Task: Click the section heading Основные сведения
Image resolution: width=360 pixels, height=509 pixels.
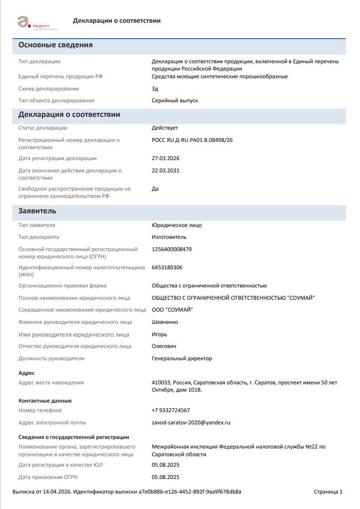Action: [55, 45]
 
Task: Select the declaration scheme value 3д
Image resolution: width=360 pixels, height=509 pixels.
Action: [155, 89]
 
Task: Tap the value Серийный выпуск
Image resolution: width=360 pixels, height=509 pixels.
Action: [175, 101]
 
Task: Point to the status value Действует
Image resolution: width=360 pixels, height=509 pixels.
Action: [165, 128]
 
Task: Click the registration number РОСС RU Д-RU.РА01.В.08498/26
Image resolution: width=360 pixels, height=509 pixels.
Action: [192, 140]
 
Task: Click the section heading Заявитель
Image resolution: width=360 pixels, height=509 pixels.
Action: [37, 212]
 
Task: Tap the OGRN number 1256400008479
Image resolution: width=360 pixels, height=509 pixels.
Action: [172, 249]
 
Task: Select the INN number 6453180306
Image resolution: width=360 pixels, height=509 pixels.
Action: [167, 267]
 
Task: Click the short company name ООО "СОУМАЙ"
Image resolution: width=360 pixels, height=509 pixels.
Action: [173, 310]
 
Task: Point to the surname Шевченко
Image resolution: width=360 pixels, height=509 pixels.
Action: [165, 322]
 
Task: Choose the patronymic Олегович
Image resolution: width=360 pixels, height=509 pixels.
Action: [164, 346]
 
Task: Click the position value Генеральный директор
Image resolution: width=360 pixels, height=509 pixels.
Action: [182, 358]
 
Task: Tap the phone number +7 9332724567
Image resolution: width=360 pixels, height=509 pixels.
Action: [171, 410]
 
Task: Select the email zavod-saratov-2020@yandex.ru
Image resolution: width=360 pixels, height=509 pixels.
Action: [191, 423]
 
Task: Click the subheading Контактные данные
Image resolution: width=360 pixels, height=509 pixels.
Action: [45, 401]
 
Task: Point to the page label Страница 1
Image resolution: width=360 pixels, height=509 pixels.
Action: [328, 492]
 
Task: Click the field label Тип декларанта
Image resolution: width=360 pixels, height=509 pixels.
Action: [39, 237]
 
